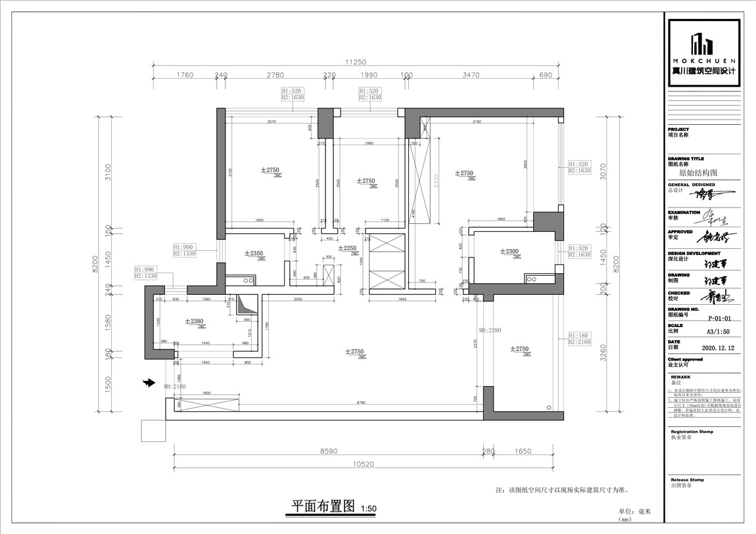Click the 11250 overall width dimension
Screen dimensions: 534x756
tap(356, 62)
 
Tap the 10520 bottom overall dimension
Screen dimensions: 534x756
tap(363, 464)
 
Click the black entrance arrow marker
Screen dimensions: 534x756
tap(149, 382)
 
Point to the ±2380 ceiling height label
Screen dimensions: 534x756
tap(195, 321)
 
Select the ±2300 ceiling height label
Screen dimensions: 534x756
tap(509, 251)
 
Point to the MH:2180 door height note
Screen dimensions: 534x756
tap(176, 387)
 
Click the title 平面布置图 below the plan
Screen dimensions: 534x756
tap(323, 506)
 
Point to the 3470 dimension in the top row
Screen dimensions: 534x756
tap(471, 75)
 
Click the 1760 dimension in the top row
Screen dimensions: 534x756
tap(185, 75)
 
